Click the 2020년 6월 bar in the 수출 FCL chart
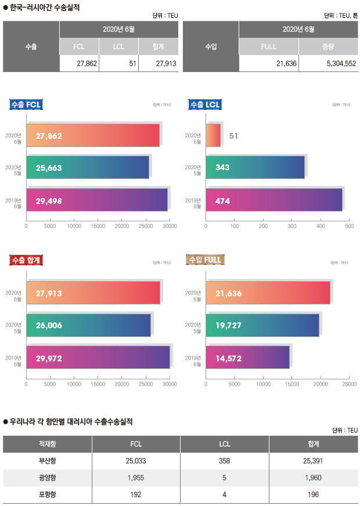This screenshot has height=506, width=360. point(93,135)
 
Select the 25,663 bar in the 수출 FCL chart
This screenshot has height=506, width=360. point(87,167)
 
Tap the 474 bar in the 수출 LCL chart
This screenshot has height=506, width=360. point(273,200)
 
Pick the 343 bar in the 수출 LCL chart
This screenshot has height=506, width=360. point(255,167)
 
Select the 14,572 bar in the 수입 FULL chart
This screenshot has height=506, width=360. point(247,357)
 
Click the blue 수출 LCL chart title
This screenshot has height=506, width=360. point(204,105)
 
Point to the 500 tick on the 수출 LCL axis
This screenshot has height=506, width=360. point(349,227)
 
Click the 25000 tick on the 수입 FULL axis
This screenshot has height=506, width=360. point(349,383)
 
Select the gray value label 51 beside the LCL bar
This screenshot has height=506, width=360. point(233,136)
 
